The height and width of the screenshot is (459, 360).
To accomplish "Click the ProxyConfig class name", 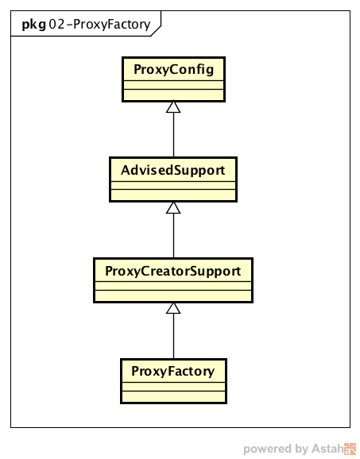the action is coord(174,70).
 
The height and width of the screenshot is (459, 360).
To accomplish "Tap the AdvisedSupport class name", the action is coord(172,170).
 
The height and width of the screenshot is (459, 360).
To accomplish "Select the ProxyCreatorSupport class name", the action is coord(172,271).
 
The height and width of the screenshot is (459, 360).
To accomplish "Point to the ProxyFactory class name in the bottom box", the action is coord(172,371).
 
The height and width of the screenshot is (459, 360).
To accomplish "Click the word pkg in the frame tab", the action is coord(34,25).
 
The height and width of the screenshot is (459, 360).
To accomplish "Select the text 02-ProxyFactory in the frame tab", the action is coord(99,25).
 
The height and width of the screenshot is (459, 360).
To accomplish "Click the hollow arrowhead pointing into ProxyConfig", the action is coord(173,107).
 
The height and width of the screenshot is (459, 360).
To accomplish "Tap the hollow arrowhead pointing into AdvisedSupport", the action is coord(173,207).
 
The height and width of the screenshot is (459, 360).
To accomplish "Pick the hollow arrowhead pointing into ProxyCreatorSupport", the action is coord(173,308).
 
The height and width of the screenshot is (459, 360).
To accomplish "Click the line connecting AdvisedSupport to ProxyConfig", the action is coord(173,135).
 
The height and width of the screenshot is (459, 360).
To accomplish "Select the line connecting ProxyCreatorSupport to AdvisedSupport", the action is coord(173,236).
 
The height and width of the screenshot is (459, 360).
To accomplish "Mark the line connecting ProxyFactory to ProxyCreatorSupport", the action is coord(173,337).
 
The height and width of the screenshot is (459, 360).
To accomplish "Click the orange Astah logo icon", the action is coord(350,449).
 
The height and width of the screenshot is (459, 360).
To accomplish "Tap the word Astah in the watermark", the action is coord(327,449).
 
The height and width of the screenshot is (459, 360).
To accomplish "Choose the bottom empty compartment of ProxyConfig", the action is coord(174,94).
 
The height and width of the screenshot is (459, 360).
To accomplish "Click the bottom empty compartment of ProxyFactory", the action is coord(174,396).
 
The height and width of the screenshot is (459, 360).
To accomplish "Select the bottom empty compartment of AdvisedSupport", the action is coord(173,195).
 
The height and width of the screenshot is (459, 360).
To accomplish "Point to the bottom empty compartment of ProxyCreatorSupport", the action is coord(173,295).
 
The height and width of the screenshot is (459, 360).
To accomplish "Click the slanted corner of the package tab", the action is coord(156,31).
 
